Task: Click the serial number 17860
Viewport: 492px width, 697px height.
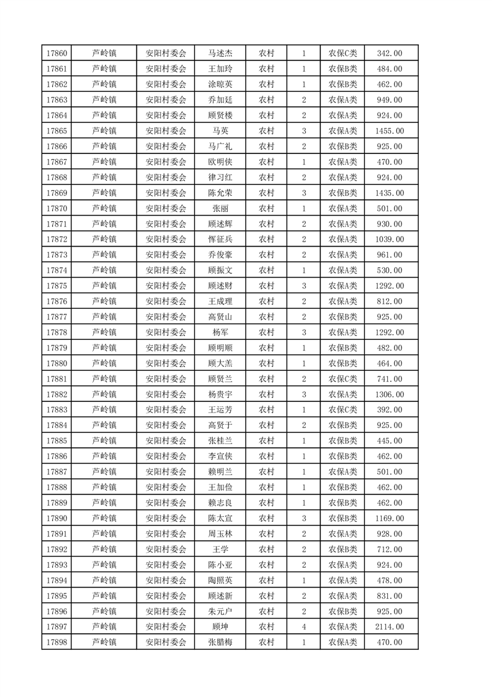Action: click(56, 53)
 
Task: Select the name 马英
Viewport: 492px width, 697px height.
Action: click(220, 131)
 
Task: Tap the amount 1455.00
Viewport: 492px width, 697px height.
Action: click(390, 131)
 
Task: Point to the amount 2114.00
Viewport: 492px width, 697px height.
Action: click(390, 627)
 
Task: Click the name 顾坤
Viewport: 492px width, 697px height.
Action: click(220, 627)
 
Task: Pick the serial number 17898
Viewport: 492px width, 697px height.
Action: click(56, 643)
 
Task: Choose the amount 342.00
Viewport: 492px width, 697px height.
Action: click(390, 53)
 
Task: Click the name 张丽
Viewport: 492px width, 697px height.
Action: click(220, 209)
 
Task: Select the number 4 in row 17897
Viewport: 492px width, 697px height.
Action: click(303, 627)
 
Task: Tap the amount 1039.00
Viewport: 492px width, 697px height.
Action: click(390, 240)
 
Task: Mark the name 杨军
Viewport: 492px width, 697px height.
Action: click(220, 332)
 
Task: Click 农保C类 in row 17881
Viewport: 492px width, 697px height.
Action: click(342, 379)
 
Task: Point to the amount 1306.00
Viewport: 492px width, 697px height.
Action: click(390, 394)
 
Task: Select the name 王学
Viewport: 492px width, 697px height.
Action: click(220, 550)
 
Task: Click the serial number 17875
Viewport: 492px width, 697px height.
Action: click(56, 286)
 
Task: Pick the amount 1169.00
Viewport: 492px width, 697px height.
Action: click(390, 519)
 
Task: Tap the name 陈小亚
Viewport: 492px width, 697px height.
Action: click(220, 565)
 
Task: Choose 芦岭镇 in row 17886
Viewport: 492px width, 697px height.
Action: click(104, 457)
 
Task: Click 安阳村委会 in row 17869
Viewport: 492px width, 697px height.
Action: click(166, 193)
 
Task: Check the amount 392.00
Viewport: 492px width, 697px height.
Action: click(390, 410)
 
